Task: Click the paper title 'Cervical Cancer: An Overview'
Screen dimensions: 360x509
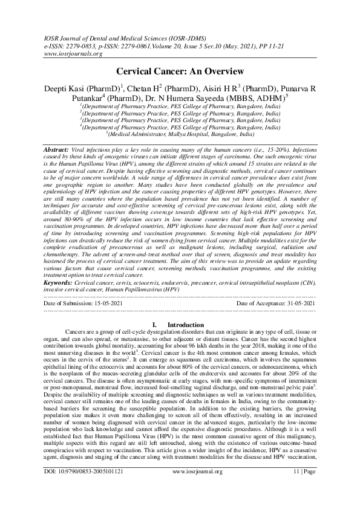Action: [180, 71]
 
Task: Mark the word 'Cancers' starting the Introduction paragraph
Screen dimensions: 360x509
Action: [77, 332]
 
